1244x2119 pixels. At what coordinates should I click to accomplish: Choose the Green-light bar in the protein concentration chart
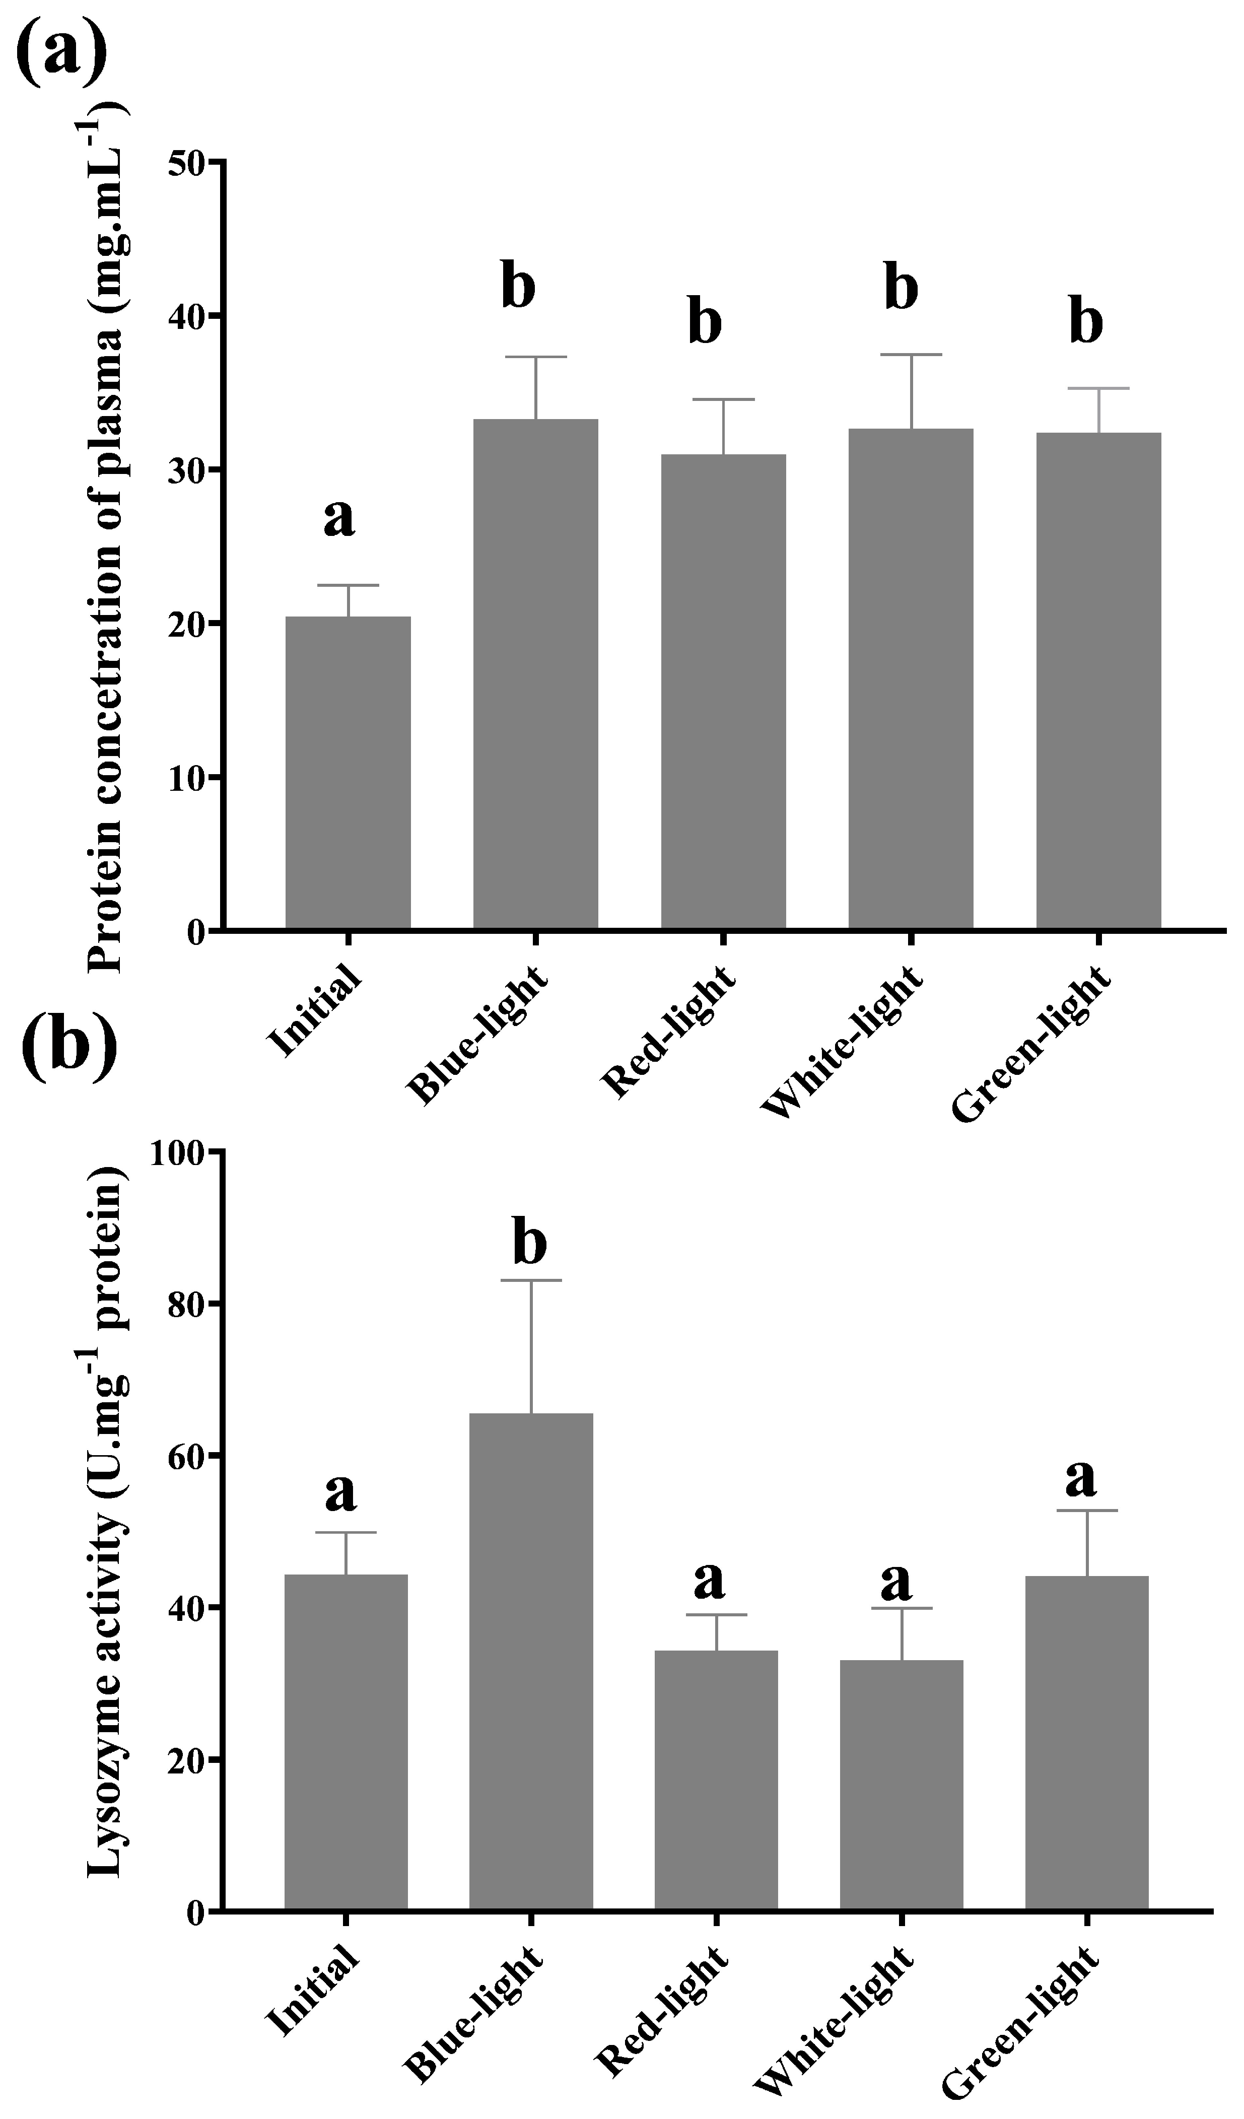pos(1098,680)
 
